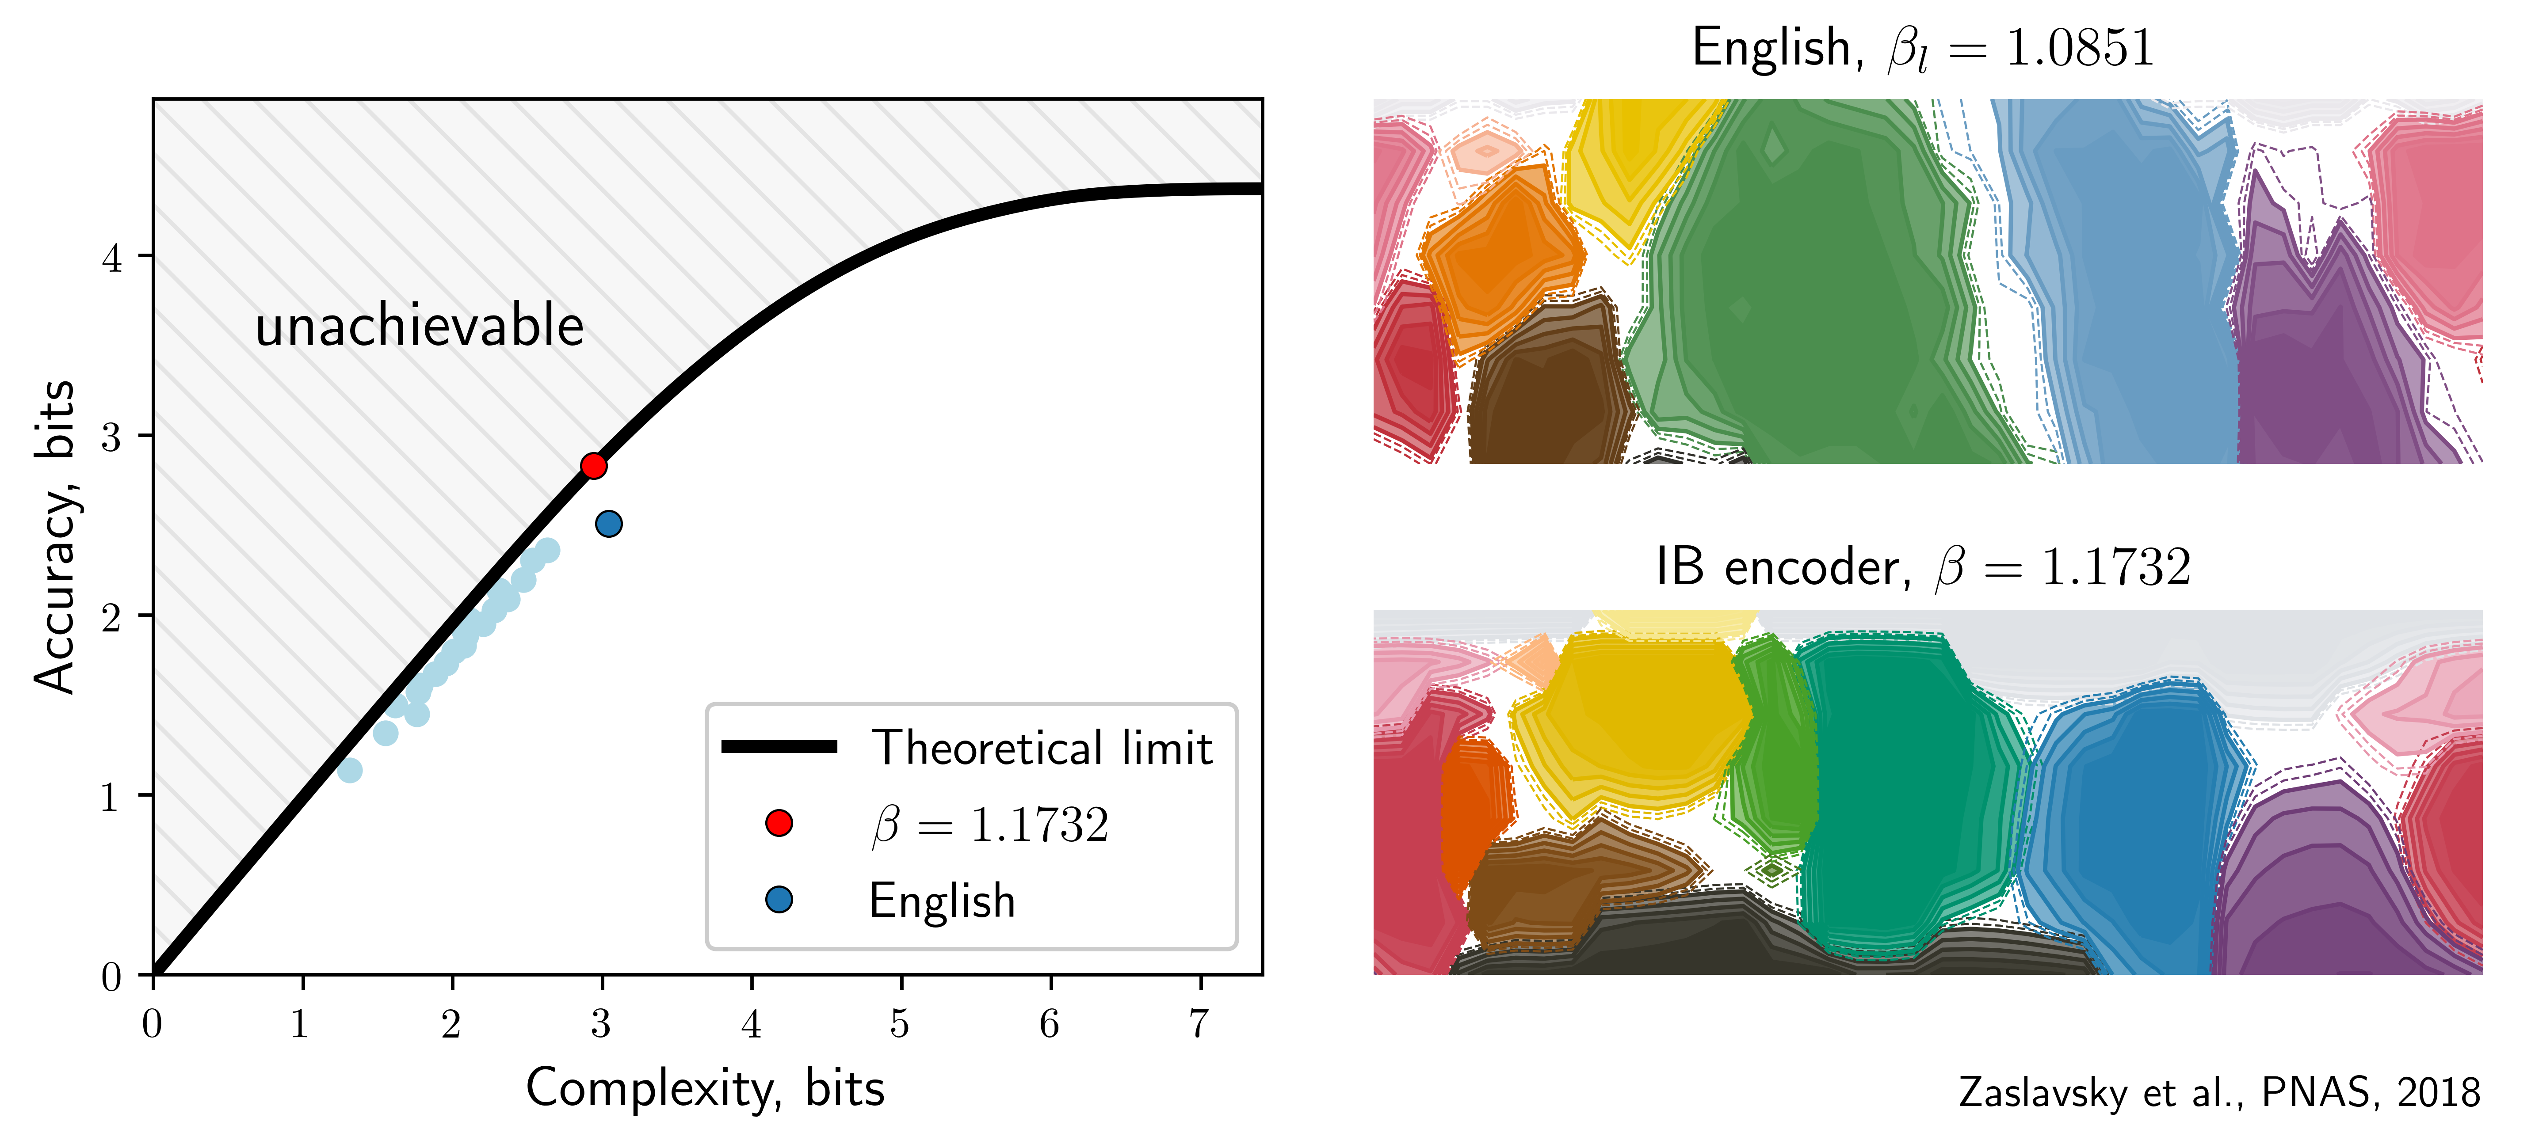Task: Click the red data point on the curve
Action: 593,465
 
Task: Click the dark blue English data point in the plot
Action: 608,523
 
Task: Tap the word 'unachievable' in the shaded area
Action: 419,327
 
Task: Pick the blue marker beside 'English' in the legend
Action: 779,899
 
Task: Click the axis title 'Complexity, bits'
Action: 705,1088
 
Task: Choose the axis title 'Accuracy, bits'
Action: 55,537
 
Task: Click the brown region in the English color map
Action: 1545,393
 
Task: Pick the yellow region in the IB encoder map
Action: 1634,718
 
